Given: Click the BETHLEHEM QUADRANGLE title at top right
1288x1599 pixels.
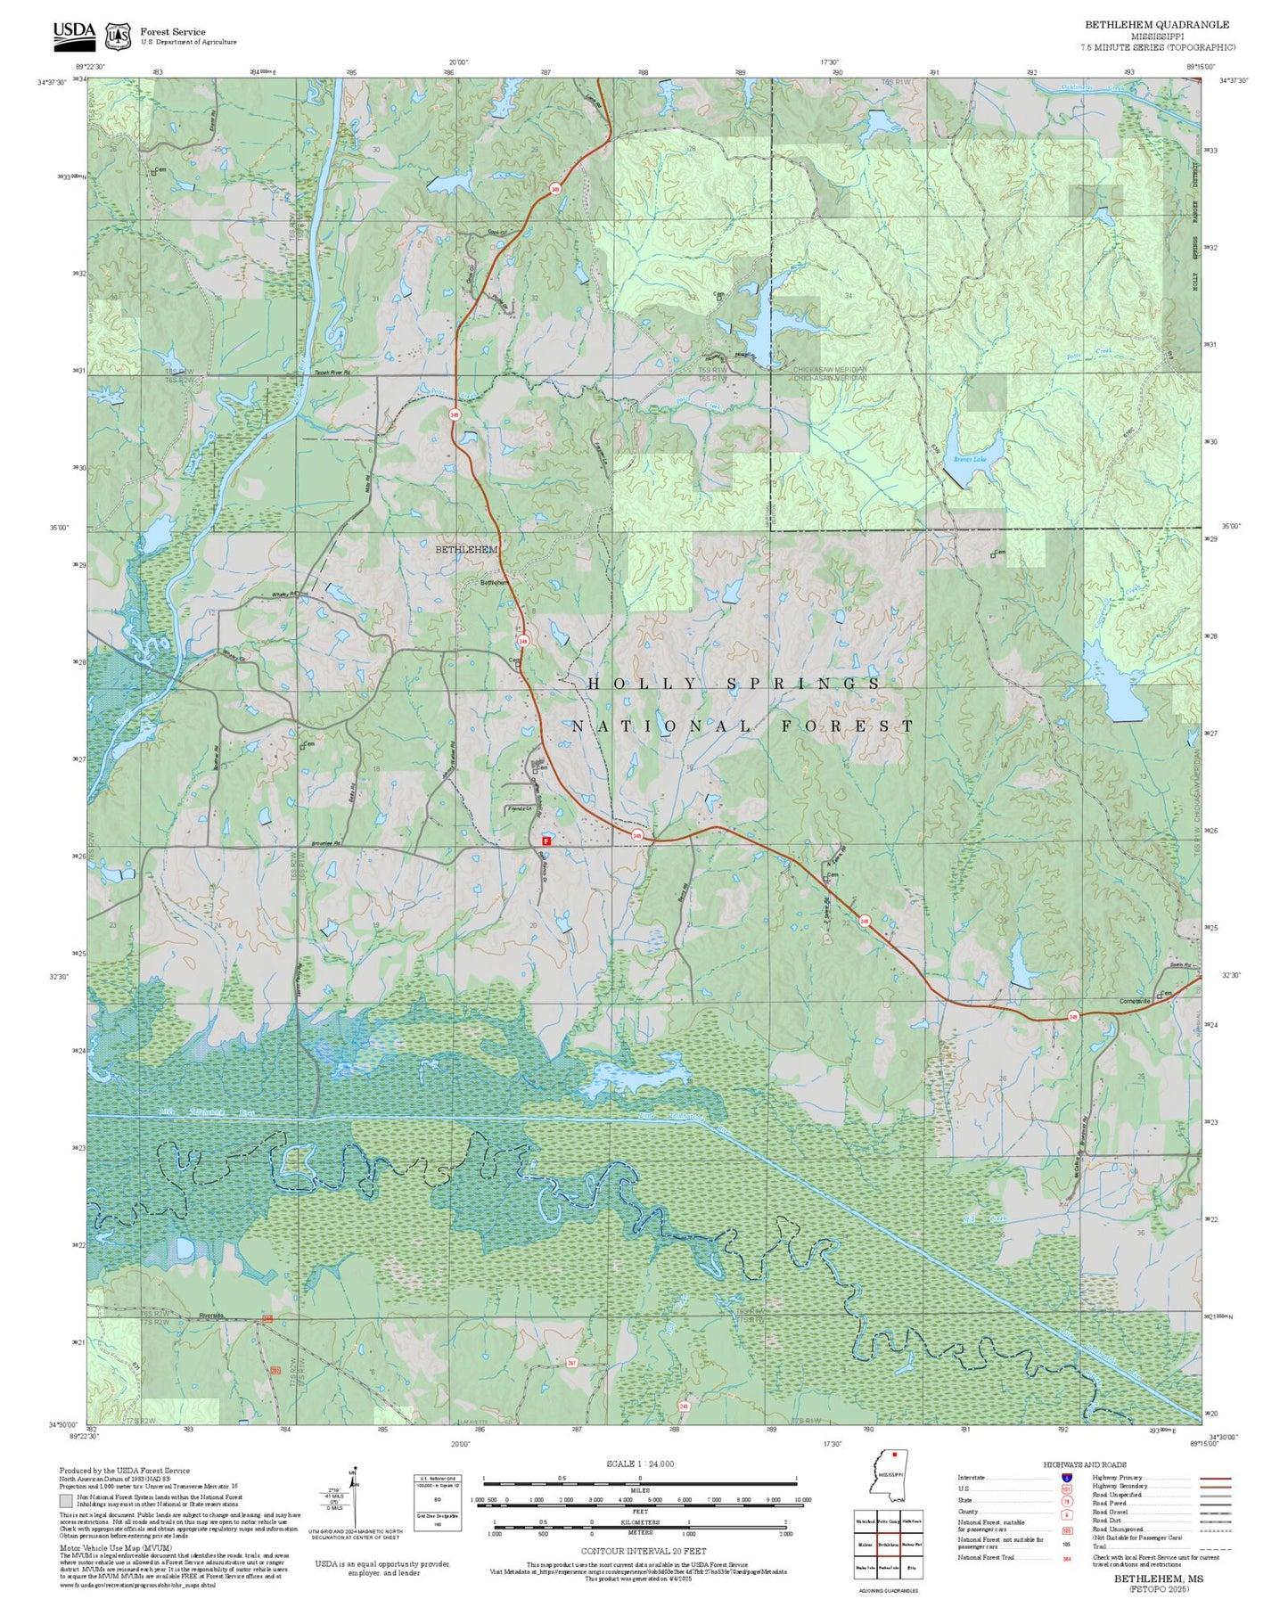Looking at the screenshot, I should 1156,25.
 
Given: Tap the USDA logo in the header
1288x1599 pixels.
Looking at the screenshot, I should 74,33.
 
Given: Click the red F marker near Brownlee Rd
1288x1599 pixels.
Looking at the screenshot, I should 546,840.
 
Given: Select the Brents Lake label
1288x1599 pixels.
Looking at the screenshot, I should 970,460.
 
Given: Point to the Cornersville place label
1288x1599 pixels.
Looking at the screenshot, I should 1135,1001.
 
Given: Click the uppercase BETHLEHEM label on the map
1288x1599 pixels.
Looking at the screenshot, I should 465,550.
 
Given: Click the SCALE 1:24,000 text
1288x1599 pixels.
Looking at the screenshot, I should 639,1464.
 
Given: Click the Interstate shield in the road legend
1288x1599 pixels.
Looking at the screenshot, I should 1066,1478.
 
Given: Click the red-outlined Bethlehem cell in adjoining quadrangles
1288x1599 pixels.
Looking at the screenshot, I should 888,1544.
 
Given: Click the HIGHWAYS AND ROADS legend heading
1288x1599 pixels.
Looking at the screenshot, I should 1085,1464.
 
